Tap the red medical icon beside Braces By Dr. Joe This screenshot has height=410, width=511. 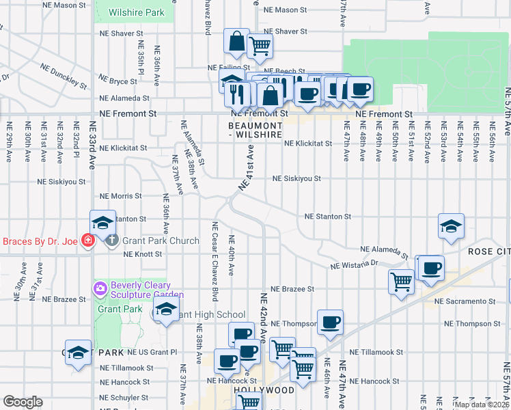click(x=87, y=241)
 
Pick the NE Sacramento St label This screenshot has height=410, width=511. click(x=464, y=301)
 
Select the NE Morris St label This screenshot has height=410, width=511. click(x=120, y=196)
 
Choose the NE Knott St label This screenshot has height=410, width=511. click(x=143, y=254)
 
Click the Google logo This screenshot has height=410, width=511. click(x=23, y=402)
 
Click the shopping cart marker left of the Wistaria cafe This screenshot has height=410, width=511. click(x=401, y=282)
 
